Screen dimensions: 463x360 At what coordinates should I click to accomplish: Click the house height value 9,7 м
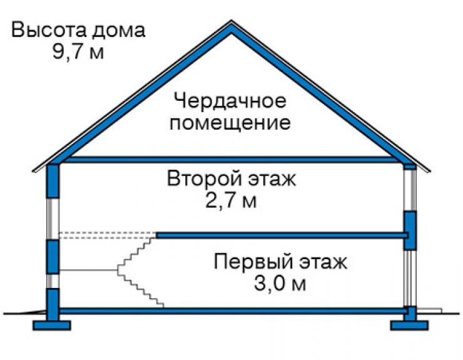tap(78, 52)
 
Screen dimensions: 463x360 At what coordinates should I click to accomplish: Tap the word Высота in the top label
tap(49, 30)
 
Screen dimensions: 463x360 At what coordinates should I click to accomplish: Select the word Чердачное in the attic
tap(230, 101)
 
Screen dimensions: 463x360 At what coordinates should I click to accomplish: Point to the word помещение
tap(230, 123)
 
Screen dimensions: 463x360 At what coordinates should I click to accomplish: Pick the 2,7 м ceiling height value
tap(231, 201)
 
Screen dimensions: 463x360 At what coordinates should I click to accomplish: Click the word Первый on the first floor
tap(253, 261)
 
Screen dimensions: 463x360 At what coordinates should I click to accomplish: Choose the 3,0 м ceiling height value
tap(280, 284)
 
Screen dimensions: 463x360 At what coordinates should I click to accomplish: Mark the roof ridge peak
tap(232, 21)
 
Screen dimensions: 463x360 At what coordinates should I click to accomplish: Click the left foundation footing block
tap(52, 325)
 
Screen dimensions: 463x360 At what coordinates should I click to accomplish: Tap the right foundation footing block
tap(409, 325)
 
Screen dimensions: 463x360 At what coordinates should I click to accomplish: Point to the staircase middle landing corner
tap(118, 270)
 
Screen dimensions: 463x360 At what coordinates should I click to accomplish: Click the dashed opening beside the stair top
tap(108, 235)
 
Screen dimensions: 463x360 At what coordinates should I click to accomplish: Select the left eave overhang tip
tap(33, 170)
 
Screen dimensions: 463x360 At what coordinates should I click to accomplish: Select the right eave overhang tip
tap(429, 170)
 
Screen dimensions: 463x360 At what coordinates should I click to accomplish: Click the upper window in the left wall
tap(53, 219)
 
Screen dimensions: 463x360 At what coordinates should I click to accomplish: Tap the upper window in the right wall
tap(410, 190)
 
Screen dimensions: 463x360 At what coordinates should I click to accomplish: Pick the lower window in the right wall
tap(410, 278)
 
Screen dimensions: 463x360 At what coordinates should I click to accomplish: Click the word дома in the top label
tap(118, 31)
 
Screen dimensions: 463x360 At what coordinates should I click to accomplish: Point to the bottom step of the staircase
tap(160, 306)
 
